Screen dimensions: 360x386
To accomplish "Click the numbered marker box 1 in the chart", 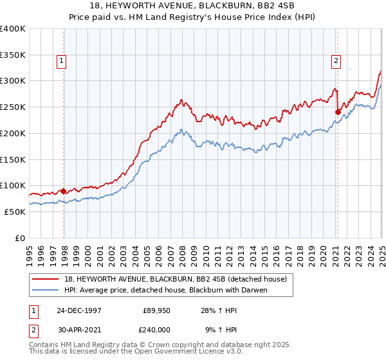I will tap(62, 62).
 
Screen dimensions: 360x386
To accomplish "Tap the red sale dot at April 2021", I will tap(338, 111).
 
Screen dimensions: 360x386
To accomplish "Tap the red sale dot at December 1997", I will tap(64, 190).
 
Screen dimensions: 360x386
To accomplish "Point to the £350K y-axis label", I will tap(13, 55).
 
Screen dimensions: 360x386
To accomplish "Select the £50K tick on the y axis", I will tap(15, 212).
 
